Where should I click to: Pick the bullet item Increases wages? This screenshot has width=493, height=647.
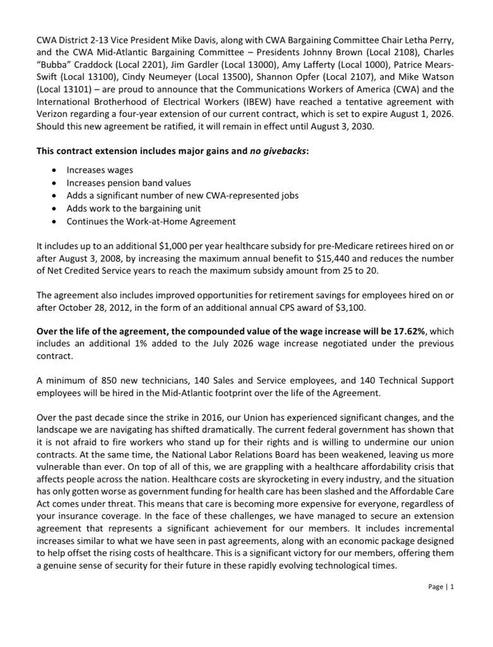click(100, 171)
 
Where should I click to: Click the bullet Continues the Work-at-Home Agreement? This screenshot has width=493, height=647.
click(151, 221)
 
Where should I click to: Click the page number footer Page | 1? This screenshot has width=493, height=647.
click(441, 586)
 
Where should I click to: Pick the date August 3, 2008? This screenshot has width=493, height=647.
click(90, 258)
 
